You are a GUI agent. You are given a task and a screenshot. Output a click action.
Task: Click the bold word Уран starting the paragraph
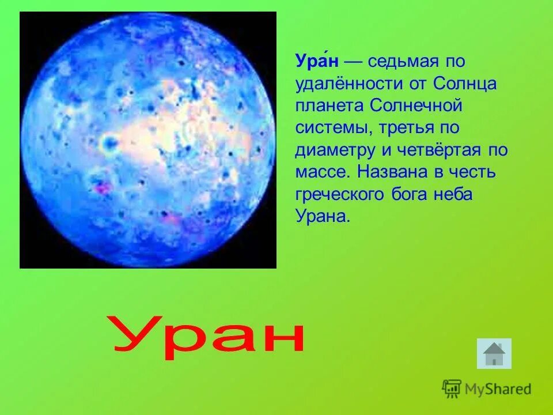coord(316,61)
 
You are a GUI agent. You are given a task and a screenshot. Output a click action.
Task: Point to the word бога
coord(407,195)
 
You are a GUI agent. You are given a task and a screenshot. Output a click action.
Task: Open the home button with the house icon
coord(494,353)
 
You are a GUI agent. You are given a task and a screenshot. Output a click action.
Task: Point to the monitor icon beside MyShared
coord(452,389)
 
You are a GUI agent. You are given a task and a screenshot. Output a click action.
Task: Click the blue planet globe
coord(147,139)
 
